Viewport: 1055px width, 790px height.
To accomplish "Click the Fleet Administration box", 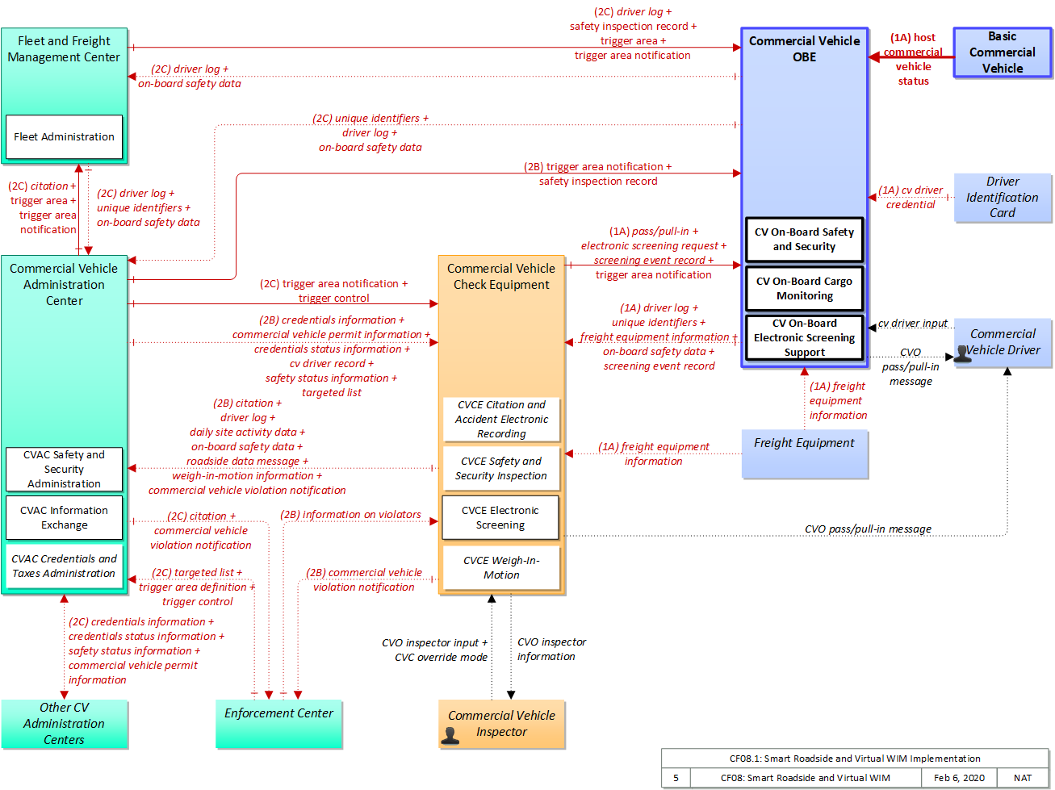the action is (64, 137).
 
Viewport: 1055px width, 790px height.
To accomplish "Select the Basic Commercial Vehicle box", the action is (1003, 52).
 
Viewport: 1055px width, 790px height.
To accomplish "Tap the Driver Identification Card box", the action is (1003, 198).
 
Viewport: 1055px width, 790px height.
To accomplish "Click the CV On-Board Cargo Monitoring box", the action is (804, 288).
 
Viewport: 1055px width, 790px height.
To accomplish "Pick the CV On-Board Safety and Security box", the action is (804, 240).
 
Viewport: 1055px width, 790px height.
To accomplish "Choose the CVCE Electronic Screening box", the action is (500, 517).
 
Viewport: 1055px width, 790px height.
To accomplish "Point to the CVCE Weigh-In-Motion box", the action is (501, 567).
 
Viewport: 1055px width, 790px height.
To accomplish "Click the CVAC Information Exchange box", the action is (64, 517).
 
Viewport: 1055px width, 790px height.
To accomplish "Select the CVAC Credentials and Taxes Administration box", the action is (64, 566).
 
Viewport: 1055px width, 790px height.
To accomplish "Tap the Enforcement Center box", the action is (278, 724).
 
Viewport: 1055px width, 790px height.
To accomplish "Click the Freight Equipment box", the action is (805, 454).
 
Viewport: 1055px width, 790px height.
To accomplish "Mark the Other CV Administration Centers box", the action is (64, 724).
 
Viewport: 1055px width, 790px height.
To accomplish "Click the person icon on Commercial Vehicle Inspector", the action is (450, 736).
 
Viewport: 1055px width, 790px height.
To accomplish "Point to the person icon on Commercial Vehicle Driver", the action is (963, 353).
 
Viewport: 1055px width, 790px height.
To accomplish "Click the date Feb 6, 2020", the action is (959, 778).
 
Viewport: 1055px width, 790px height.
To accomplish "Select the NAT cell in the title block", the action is (1023, 778).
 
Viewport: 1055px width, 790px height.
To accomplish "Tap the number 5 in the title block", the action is (676, 778).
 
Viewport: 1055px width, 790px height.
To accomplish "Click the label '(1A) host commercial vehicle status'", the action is (913, 59).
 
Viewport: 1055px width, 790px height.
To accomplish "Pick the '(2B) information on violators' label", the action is (350, 515).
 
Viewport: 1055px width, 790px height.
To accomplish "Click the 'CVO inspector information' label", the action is (551, 650).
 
